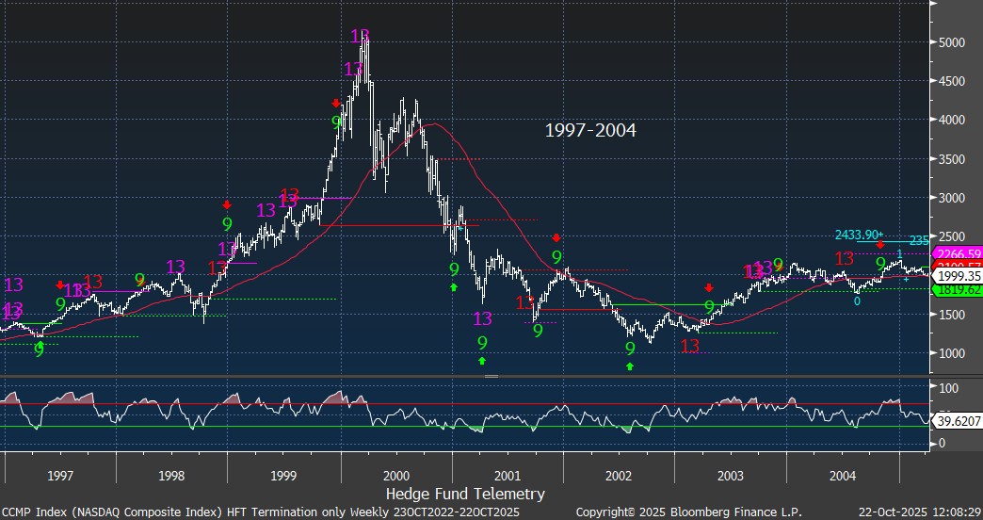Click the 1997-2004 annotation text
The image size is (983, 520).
(590, 131)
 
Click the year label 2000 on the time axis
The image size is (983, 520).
(396, 476)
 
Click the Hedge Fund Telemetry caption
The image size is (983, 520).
(465, 494)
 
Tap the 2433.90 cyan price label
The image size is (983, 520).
(858, 235)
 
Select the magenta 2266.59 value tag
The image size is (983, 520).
(957, 253)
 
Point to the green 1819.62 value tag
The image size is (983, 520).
(957, 290)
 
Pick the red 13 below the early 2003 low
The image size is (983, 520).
(690, 347)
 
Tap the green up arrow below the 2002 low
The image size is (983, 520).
(630, 366)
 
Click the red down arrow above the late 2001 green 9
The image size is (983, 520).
(556, 238)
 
